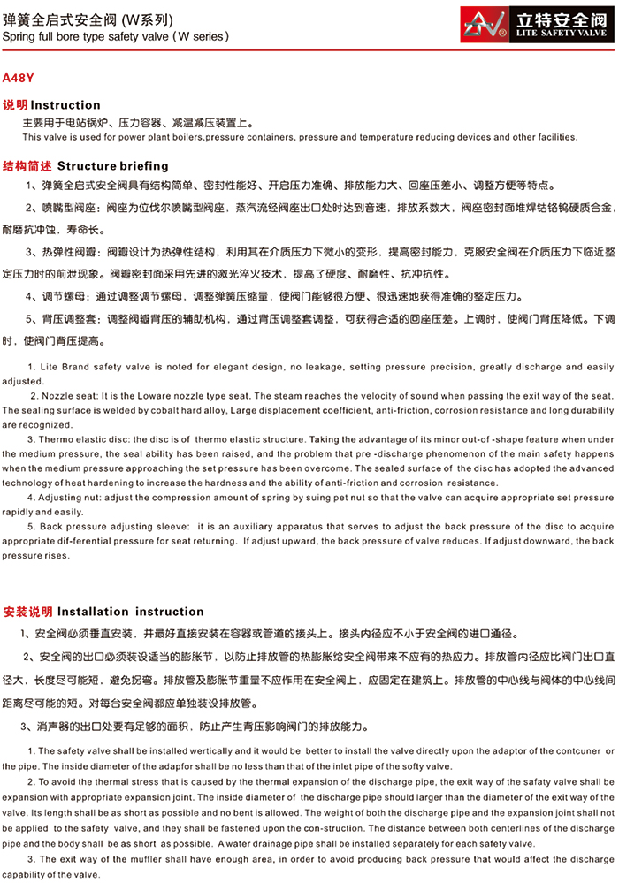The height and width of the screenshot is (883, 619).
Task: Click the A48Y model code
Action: coord(19,77)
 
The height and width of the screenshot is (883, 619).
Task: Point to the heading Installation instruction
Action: coord(131,612)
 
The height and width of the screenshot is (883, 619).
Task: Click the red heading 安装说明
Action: coord(28,612)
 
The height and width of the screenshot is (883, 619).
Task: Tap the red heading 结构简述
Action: coord(27,166)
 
